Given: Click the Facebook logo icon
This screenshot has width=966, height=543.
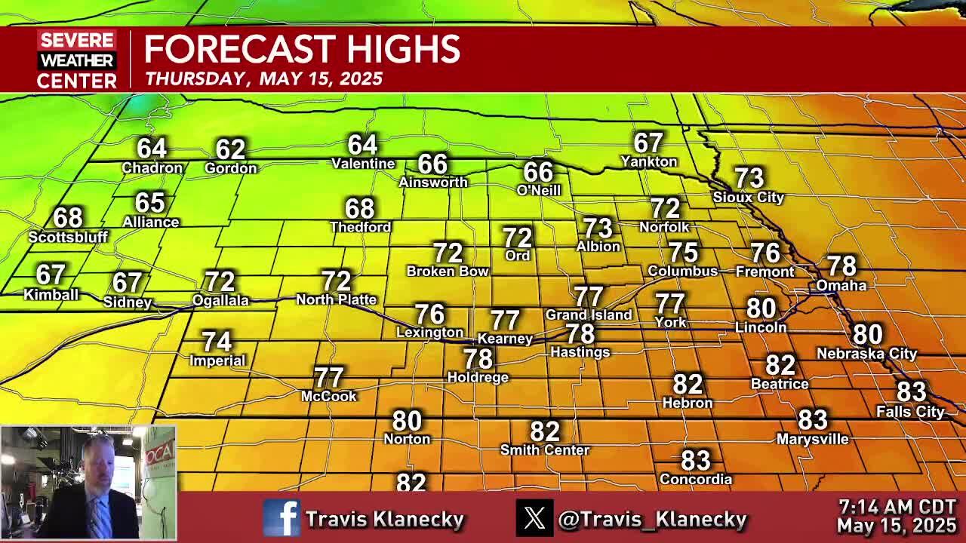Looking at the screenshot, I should click(281, 518).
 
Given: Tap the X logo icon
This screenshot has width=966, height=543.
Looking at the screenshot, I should click(534, 518).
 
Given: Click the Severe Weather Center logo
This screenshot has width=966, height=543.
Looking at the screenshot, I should click(77, 60).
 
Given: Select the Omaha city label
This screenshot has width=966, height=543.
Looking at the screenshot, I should click(841, 285).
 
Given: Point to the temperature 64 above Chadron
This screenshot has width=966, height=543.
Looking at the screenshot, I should click(152, 148).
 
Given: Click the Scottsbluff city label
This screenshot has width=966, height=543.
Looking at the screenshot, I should click(68, 237).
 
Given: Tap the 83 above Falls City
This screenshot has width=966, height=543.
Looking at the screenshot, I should click(911, 391).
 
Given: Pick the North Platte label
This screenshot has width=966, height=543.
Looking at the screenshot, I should click(336, 299).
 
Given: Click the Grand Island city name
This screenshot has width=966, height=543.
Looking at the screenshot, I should click(589, 314).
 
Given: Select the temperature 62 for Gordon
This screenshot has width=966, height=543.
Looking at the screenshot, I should click(230, 149).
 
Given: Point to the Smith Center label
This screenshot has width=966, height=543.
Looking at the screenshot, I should click(544, 449).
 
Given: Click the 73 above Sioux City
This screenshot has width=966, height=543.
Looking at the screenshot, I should click(749, 178).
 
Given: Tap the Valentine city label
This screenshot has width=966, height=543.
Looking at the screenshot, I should click(363, 163).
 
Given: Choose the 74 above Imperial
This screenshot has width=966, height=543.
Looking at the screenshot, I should click(217, 342).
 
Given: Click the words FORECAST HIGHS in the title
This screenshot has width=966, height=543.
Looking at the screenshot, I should click(302, 50).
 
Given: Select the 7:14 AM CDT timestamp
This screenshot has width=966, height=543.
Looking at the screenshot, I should click(897, 507).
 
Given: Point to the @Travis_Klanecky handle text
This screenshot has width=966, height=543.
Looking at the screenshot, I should click(652, 519).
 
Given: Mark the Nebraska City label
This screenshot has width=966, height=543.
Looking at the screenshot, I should click(866, 353).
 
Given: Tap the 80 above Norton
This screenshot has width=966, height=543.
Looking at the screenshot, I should click(407, 420).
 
